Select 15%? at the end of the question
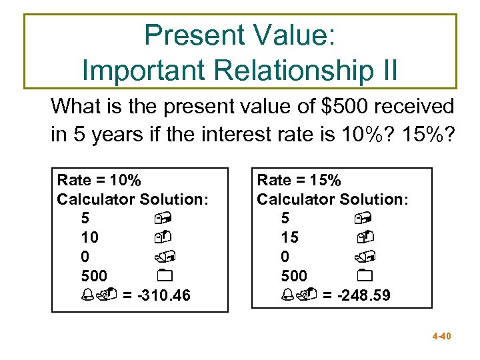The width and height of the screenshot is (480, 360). click(x=427, y=135)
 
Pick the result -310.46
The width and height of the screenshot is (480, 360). click(x=163, y=295)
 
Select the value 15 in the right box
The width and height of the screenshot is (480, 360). click(x=290, y=237)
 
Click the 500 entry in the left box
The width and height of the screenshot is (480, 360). click(x=94, y=276)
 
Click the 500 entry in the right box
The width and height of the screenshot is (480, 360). click(x=294, y=276)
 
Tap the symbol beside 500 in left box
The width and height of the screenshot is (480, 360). click(x=166, y=276)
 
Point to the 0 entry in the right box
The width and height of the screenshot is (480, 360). click(x=285, y=257)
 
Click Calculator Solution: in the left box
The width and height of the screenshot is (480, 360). click(x=133, y=199)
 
